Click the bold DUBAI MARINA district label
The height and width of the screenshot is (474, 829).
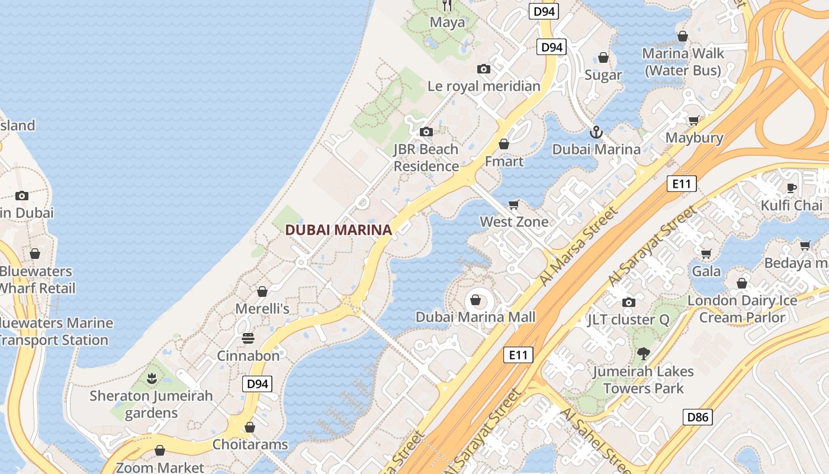[x=339, y=230]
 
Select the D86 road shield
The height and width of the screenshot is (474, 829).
[x=698, y=417]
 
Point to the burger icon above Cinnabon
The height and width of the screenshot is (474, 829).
[x=248, y=338]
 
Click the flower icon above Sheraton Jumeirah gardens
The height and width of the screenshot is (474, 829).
[x=152, y=377]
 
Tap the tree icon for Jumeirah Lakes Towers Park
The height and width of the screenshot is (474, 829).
[x=643, y=354]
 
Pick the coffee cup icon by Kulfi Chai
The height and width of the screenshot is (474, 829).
[x=792, y=188]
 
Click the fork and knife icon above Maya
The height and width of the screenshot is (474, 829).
[x=448, y=5]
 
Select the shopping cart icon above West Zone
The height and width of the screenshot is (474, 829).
[x=514, y=204]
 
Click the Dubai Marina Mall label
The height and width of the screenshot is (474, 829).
[x=475, y=317]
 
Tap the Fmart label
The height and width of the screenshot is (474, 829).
[x=504, y=161]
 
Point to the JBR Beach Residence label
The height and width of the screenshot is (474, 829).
[x=426, y=158]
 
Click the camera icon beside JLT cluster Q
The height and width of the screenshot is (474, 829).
[x=629, y=303]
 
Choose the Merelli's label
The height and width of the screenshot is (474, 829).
[x=262, y=309]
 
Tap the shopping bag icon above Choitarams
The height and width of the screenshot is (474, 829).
[x=250, y=427]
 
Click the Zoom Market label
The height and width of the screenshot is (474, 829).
[x=160, y=467]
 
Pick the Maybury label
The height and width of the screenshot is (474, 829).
[x=694, y=138]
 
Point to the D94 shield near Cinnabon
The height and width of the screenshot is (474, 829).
[x=257, y=384]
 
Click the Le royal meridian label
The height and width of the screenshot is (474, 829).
[x=484, y=87]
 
